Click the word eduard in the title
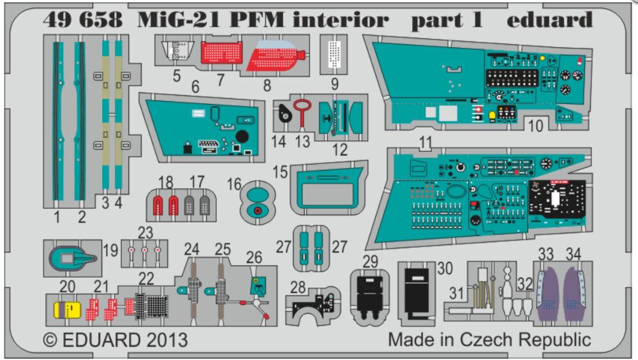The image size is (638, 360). [549, 20]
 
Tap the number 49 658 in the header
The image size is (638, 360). [83, 20]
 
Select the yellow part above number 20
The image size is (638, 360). [66, 310]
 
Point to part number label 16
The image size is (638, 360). [234, 185]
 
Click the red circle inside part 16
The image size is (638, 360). [257, 211]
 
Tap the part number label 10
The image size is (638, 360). [536, 126]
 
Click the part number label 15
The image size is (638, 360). [280, 173]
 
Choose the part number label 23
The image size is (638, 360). [146, 232]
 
